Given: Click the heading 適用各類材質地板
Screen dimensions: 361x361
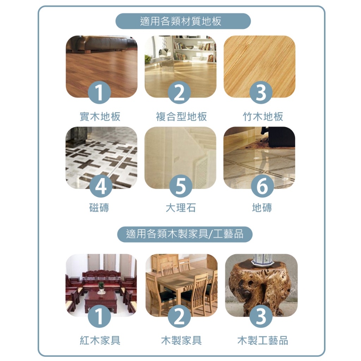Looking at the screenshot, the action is [181, 21].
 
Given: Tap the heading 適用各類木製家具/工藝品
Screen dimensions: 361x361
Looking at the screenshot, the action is [185, 234].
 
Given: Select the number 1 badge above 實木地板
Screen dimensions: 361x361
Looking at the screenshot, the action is [99, 92].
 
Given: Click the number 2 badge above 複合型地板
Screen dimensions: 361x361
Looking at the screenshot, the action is [179, 92].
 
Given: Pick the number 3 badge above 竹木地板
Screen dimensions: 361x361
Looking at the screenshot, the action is [261, 92].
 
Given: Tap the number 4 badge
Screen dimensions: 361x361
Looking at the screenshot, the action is [101, 186].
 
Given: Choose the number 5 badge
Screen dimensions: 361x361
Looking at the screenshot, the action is [181, 186].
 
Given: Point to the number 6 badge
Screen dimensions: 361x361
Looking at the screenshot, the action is [262, 186].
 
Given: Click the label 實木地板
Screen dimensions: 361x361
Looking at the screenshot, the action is [100, 116].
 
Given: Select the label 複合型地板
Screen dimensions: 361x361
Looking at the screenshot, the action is [181, 116].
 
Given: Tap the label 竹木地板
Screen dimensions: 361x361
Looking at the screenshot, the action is [263, 116].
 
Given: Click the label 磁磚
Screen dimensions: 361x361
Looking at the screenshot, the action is [99, 208].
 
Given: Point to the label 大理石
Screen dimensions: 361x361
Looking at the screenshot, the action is [181, 208].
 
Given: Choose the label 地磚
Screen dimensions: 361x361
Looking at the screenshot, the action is [262, 208].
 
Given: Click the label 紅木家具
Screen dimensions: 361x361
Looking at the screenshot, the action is [100, 340].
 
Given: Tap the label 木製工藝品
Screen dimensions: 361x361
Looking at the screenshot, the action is [263, 340].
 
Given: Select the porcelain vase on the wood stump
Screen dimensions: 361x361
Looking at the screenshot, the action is [262, 259].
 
